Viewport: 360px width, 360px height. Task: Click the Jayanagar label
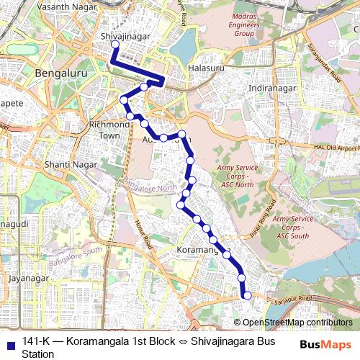28,278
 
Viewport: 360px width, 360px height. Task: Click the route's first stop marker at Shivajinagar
114,44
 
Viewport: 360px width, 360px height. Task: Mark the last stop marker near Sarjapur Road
247,294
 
